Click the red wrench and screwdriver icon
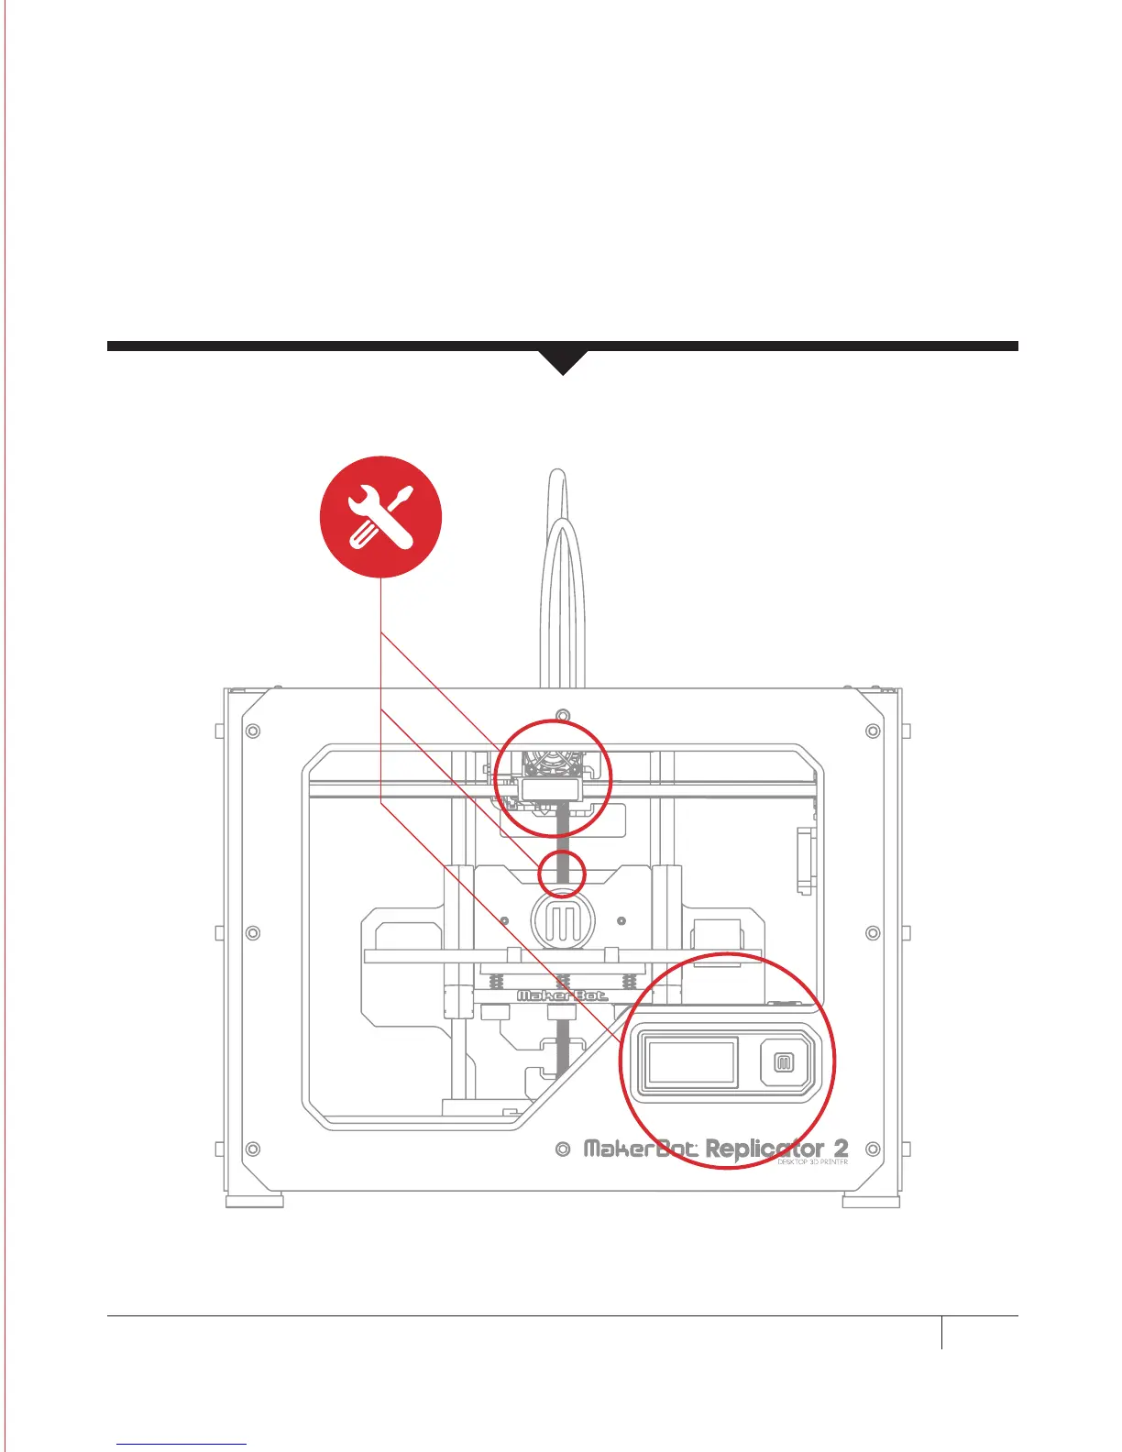[x=380, y=517]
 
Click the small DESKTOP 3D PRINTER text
[x=812, y=1162]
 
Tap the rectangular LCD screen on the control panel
[x=693, y=1062]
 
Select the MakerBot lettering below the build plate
[x=562, y=995]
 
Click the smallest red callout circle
[x=561, y=872]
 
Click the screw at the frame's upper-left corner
[x=254, y=731]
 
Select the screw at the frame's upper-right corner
[x=873, y=731]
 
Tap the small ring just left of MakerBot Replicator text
[x=564, y=1149]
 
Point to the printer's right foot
[x=871, y=1201]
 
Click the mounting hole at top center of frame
[x=564, y=714]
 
